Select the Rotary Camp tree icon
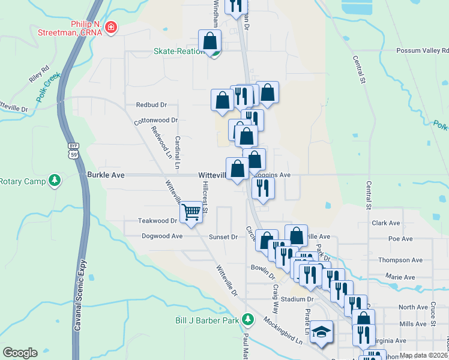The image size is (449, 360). pyautogui.click(x=55, y=181)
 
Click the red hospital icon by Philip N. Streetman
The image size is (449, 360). pyautogui.click(x=110, y=28)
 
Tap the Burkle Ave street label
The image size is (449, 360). pyautogui.click(x=106, y=175)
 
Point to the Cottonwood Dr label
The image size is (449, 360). pyautogui.click(x=156, y=120)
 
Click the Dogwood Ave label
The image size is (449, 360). pyautogui.click(x=161, y=236)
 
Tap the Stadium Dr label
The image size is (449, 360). pyautogui.click(x=297, y=299)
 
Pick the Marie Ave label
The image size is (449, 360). pyautogui.click(x=400, y=277)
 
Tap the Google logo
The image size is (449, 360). pyautogui.click(x=20, y=353)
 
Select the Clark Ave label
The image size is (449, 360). pyautogui.click(x=385, y=223)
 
